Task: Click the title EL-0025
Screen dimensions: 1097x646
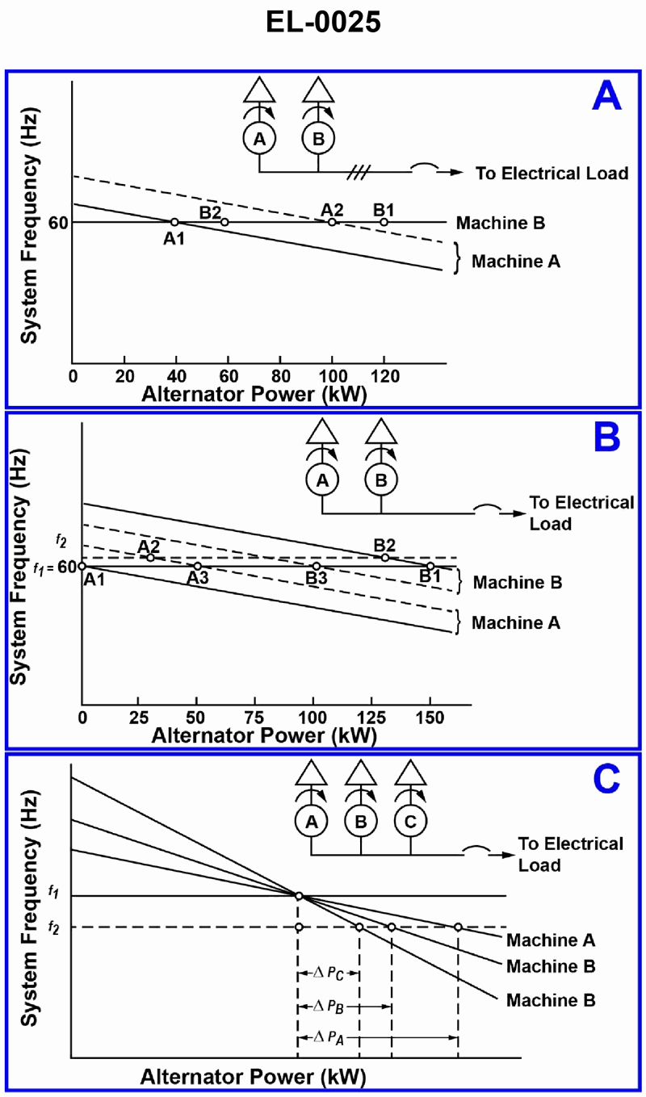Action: pos(322,23)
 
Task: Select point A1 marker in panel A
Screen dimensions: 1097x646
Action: pos(174,222)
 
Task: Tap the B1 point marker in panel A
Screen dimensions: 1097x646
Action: pos(384,222)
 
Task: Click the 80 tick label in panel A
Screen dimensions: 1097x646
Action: pos(280,375)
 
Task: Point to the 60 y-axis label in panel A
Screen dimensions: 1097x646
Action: pos(60,222)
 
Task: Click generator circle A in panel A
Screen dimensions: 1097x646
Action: pos(259,139)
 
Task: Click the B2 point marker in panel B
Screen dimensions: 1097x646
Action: pos(385,557)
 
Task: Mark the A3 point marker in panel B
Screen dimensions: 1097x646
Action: pos(198,566)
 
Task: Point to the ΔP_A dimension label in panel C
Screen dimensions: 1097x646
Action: pos(333,1037)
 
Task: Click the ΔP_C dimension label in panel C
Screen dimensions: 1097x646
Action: pos(329,974)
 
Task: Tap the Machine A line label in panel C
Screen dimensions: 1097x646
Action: pos(551,940)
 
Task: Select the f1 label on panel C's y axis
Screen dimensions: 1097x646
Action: pos(53,891)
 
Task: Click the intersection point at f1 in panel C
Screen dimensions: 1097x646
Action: pos(299,896)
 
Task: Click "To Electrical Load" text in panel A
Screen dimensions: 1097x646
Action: pos(552,173)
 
